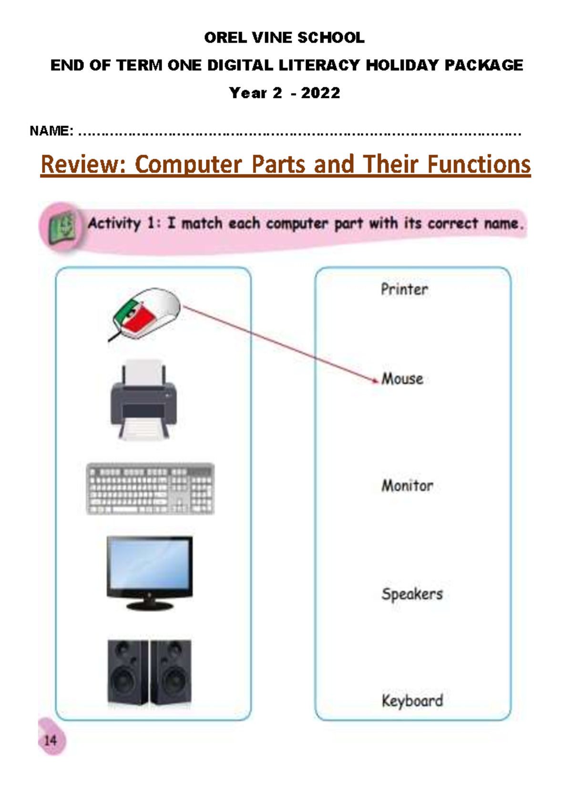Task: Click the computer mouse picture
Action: pyautogui.click(x=145, y=313)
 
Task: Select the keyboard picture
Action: pyautogui.click(x=150, y=489)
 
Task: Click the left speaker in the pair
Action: pyautogui.click(x=127, y=672)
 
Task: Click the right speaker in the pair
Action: pyautogui.click(x=171, y=672)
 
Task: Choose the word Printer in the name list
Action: pyautogui.click(x=404, y=289)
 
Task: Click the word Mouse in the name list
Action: pyautogui.click(x=403, y=379)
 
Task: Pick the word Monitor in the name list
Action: pyautogui.click(x=408, y=485)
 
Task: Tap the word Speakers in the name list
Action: pyautogui.click(x=412, y=594)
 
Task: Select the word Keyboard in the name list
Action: pyautogui.click(x=412, y=701)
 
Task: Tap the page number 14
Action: pyautogui.click(x=50, y=740)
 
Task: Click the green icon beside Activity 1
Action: pyautogui.click(x=62, y=226)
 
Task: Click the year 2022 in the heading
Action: pyautogui.click(x=320, y=93)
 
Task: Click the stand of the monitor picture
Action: pyautogui.click(x=150, y=605)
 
